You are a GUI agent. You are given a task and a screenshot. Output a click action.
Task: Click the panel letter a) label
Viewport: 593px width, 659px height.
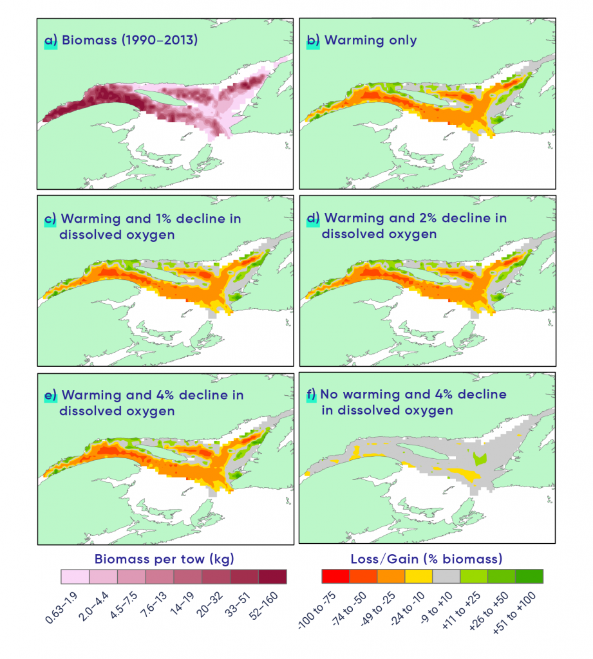50,41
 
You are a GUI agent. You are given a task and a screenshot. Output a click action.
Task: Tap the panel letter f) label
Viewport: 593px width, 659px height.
312,394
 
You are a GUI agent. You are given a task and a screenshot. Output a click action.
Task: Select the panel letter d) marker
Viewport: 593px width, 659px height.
313,218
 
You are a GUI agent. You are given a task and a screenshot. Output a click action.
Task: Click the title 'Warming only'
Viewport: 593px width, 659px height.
370,41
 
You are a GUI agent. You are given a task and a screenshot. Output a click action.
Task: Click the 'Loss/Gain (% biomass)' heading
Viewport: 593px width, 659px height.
426,559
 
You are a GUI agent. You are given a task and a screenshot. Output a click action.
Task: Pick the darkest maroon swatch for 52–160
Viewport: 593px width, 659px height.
272,576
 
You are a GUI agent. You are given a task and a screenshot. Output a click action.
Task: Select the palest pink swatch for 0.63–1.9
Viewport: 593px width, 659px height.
75,576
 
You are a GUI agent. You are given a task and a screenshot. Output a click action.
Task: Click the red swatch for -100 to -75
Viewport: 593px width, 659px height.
335,576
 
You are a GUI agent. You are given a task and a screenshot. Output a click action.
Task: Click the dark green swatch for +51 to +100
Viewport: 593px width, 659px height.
530,576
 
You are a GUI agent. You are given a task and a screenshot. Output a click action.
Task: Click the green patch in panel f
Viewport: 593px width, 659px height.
478,459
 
